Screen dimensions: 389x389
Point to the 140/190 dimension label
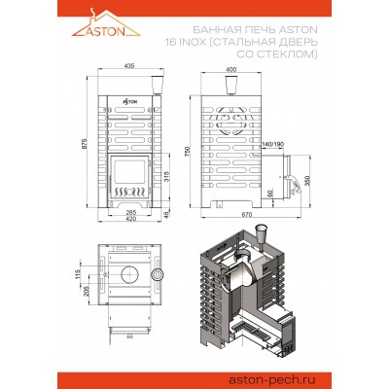coord(274,145)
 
